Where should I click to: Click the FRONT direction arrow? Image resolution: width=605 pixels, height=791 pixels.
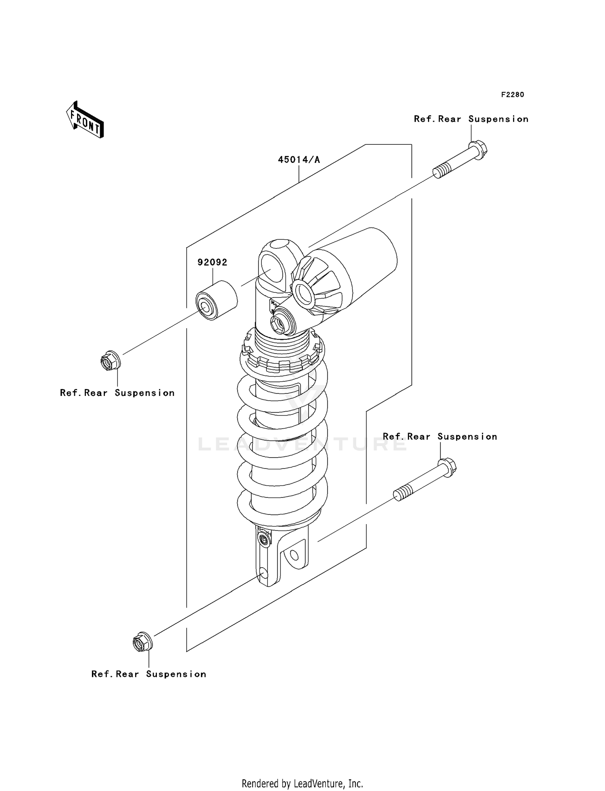tap(85, 120)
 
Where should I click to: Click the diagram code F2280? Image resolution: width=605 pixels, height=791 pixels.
tap(512, 95)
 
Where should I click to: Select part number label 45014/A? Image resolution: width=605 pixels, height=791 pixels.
tap(298, 160)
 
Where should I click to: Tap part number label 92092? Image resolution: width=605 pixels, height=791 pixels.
tap(212, 262)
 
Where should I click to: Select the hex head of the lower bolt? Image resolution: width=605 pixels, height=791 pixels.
tap(447, 467)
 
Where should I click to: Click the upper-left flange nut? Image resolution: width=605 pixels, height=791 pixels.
tap(110, 361)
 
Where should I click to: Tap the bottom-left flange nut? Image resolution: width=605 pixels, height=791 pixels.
tap(142, 642)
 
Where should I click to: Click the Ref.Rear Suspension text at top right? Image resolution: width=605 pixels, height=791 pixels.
tap(471, 119)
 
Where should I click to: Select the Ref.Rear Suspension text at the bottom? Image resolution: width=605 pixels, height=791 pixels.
tap(148, 674)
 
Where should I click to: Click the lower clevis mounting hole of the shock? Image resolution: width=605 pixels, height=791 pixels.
tap(294, 556)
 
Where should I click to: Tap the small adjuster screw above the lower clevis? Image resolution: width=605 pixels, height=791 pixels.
tap(264, 540)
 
